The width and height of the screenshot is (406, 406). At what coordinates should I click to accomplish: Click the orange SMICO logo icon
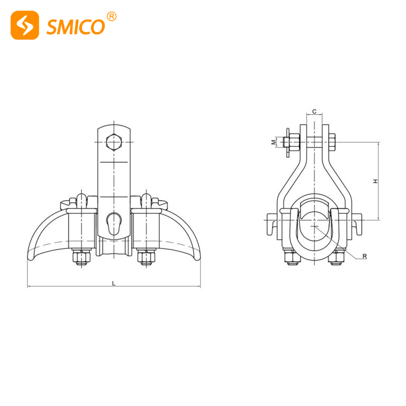coord(25,25)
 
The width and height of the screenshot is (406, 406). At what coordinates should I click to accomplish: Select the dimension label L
coord(113,283)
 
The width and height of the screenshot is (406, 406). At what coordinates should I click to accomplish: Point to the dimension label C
coord(315,112)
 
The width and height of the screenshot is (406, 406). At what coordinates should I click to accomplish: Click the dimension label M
coord(273,142)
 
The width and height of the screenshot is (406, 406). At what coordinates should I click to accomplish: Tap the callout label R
coord(364,256)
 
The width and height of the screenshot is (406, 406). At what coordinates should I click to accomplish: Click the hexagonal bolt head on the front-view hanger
coord(114,143)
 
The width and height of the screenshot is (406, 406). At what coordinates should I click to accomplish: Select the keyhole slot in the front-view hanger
coord(113,223)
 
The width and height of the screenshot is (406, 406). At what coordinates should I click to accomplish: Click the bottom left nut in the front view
coord(82,257)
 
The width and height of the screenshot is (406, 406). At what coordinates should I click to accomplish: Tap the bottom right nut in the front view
coord(146,257)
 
